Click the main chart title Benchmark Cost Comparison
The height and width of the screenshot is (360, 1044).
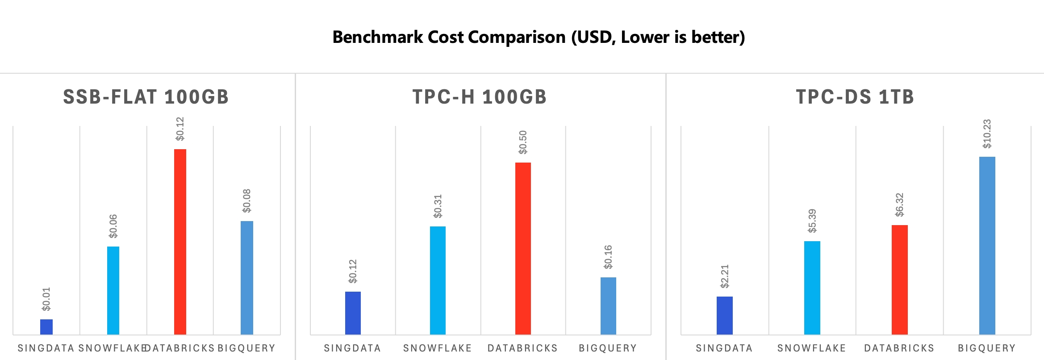(539, 37)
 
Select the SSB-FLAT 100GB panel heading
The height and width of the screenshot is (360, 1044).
(146, 97)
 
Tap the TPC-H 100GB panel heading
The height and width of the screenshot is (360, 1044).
(480, 97)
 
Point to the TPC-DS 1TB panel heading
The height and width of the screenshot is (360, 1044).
(855, 97)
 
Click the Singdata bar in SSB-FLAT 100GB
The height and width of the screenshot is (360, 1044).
(46, 327)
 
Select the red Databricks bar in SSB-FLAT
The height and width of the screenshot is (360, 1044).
(180, 241)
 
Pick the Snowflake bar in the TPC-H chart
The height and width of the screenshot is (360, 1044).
(438, 280)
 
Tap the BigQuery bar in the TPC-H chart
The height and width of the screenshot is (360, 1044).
(608, 306)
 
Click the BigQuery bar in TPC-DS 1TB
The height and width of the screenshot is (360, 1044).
(987, 245)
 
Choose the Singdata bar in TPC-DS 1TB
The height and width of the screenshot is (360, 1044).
(724, 315)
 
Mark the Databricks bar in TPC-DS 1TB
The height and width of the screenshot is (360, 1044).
(899, 280)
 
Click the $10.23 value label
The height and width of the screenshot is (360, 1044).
(987, 134)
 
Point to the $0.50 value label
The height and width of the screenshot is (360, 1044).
(523, 142)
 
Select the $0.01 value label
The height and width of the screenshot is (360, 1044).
(46, 299)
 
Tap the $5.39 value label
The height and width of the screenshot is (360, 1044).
(812, 221)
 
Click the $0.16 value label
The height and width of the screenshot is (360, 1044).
(608, 257)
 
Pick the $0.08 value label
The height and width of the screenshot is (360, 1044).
(247, 201)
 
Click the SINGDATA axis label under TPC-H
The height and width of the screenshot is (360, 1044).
(352, 348)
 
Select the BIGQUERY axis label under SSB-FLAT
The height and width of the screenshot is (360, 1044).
(246, 348)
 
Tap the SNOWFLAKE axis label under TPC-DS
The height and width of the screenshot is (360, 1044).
(811, 348)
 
